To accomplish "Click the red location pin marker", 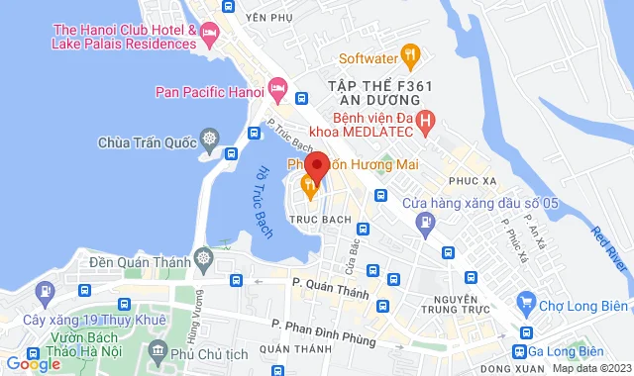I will coord(316,166).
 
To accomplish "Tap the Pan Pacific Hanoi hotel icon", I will coord(278,93).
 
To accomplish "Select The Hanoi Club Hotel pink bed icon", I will coord(209,37).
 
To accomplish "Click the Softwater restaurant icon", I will coord(407,56).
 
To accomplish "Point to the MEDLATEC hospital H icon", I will coord(426,124).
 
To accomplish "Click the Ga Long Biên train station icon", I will coord(521,353).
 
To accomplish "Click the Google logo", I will coord(33,364).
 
